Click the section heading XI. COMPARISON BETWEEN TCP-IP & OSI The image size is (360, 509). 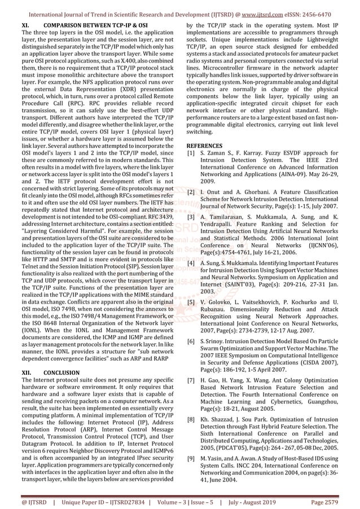click(85, 26)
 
